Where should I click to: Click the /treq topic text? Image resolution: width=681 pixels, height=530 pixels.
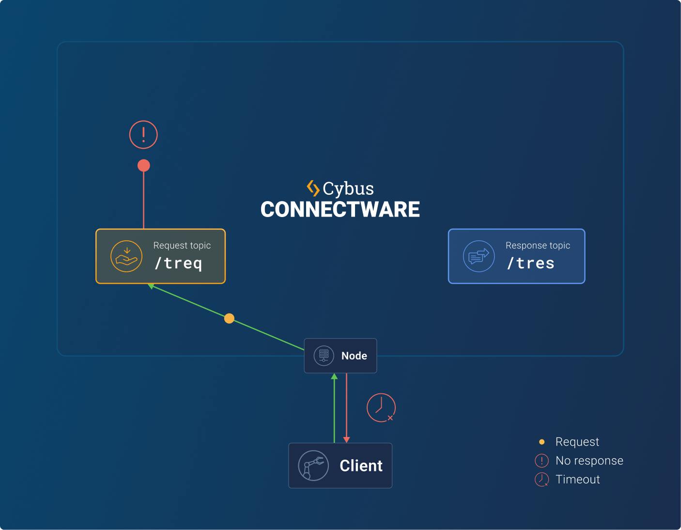coord(178,263)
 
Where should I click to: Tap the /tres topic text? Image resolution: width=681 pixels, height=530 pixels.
coord(530,263)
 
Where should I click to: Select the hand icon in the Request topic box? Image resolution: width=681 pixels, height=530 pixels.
coord(126,256)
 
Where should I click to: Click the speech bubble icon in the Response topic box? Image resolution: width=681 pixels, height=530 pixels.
coord(479,256)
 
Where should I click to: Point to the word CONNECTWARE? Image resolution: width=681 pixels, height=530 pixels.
coord(340,209)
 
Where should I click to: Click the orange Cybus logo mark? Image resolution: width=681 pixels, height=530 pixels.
coord(313,188)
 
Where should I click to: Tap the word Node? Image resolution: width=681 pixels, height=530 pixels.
coord(354,356)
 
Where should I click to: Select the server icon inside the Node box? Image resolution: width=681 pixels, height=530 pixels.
coord(324,356)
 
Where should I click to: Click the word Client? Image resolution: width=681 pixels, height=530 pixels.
coord(361,466)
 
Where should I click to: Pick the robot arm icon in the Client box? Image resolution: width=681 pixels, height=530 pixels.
coord(313,466)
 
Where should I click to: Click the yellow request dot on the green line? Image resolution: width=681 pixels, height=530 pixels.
coord(230,318)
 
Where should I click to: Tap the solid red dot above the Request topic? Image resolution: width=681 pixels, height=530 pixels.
coord(143,166)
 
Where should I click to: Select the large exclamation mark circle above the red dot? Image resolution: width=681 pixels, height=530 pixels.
coord(143,135)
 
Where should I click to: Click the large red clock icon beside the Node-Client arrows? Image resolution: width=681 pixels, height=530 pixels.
coord(381,407)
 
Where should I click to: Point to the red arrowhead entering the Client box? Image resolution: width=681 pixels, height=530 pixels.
coord(346,439)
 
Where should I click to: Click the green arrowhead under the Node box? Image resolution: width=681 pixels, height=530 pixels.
coord(334,376)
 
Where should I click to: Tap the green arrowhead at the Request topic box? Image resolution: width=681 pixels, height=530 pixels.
coord(151,286)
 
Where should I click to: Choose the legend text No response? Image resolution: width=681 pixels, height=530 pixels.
coord(589,461)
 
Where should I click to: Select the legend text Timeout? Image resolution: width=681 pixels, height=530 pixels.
coord(577,480)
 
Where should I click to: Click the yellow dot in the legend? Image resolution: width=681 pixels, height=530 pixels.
coord(542,442)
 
